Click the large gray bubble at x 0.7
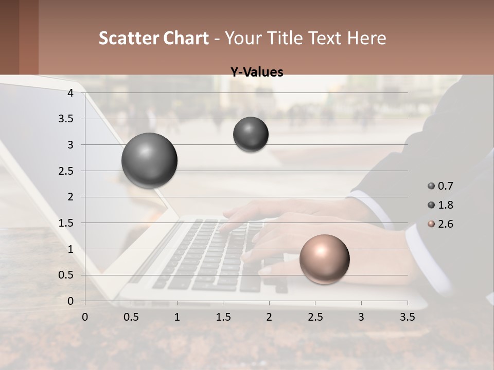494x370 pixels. pyautogui.click(x=149, y=160)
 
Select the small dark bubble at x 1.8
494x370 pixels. pyautogui.click(x=251, y=134)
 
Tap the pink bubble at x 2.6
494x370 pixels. pyautogui.click(x=324, y=259)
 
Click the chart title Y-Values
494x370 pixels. pyautogui.click(x=257, y=72)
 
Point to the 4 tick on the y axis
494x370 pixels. pyautogui.click(x=70, y=93)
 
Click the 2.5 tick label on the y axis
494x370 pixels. pyautogui.click(x=65, y=171)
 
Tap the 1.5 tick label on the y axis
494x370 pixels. pyautogui.click(x=65, y=223)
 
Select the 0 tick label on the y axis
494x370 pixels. pyautogui.click(x=70, y=301)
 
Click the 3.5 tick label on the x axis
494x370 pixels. pyautogui.click(x=407, y=317)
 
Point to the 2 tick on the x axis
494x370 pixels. pyautogui.click(x=269, y=317)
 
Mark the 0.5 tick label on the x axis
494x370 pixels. pyautogui.click(x=131, y=317)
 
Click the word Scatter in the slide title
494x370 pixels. pyautogui.click(x=129, y=38)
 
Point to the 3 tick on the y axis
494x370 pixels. pyautogui.click(x=70, y=145)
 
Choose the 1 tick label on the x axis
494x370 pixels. pyautogui.click(x=177, y=317)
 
